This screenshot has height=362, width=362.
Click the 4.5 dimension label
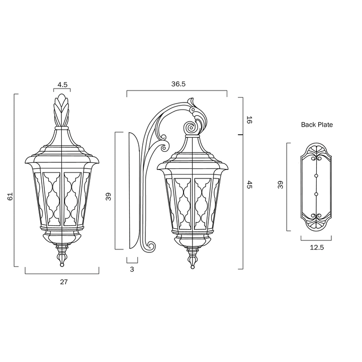point(62,85)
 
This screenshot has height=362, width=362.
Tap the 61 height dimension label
point(11,197)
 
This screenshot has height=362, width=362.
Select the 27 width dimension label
point(64,282)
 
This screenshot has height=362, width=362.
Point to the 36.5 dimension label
point(178,84)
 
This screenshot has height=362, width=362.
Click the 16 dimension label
point(249,120)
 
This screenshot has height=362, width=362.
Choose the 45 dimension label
point(249,185)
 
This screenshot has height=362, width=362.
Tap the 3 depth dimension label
point(132,269)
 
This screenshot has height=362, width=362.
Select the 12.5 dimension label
point(317,247)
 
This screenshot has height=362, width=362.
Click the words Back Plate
point(317,125)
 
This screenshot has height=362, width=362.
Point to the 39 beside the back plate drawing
point(280,185)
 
